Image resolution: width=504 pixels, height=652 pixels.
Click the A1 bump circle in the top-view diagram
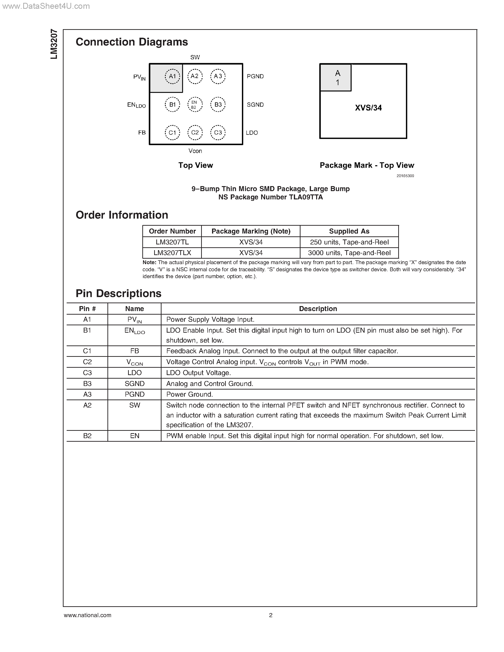click(x=172, y=76)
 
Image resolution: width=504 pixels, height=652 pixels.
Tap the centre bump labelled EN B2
click(x=195, y=105)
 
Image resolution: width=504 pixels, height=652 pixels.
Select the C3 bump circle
click(x=218, y=133)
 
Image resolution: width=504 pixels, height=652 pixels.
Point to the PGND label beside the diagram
click(x=255, y=76)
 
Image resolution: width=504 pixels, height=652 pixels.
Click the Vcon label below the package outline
click(x=195, y=151)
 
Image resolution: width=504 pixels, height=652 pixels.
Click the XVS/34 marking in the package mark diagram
click(x=368, y=108)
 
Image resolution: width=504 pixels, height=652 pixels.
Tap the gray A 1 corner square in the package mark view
click(x=336, y=78)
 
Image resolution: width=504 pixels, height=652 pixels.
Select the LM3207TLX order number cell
click(x=172, y=253)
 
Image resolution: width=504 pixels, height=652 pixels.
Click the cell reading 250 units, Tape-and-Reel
click(x=349, y=242)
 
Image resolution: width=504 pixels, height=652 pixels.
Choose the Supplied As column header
click(x=349, y=231)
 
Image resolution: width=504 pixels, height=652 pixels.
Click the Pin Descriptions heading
click(x=119, y=294)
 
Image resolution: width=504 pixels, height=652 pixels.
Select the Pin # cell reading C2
click(x=87, y=362)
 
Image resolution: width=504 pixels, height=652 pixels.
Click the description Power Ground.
click(x=189, y=394)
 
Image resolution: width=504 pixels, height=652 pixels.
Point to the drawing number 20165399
click(x=405, y=176)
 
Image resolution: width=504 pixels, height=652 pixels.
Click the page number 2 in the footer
click(x=271, y=615)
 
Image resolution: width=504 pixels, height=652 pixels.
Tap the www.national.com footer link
click(x=88, y=615)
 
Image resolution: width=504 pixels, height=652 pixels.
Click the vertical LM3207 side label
click(x=54, y=44)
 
